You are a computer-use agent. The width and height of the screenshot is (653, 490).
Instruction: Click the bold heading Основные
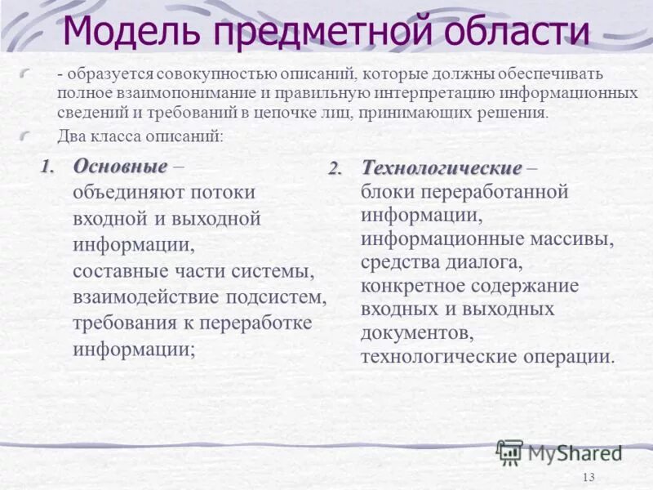coord(120,167)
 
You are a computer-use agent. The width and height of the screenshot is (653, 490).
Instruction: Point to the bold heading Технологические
coord(442,168)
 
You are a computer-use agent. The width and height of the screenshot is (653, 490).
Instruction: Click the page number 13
coord(590,478)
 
